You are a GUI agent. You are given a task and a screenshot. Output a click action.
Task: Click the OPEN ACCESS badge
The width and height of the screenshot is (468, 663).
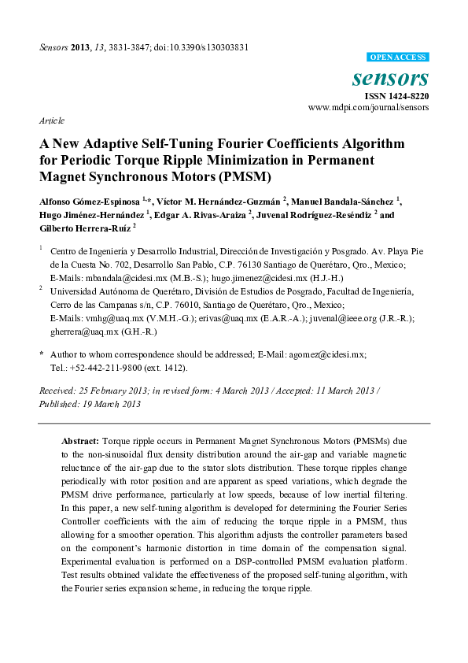[x=399, y=57]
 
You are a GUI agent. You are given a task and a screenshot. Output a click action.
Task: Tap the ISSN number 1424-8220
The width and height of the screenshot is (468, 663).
[x=407, y=95]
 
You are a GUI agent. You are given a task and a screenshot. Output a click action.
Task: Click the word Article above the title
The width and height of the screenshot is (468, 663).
[x=52, y=121]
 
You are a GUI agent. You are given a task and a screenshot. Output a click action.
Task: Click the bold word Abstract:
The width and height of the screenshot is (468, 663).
[x=81, y=443]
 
